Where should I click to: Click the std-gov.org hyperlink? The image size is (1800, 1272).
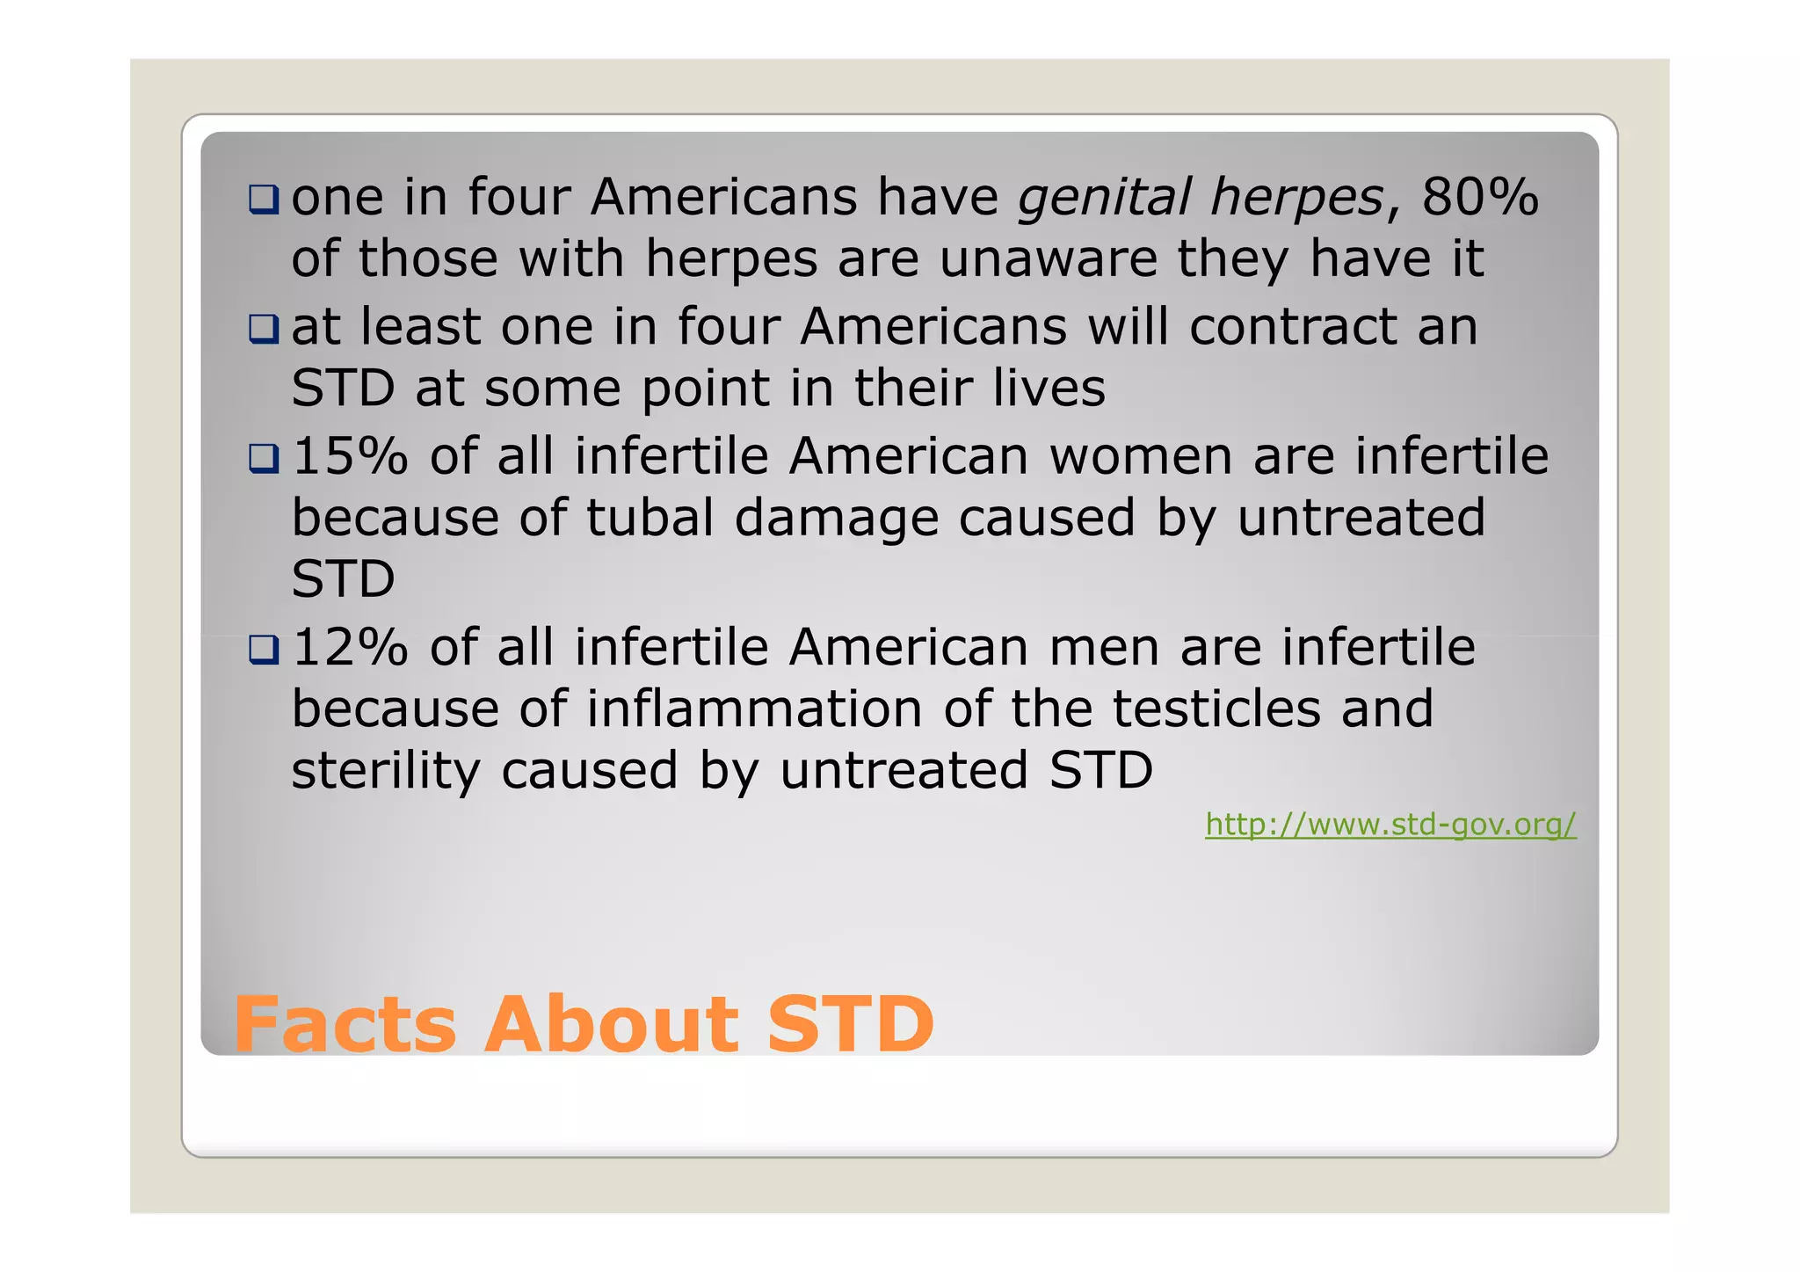coord(1390,825)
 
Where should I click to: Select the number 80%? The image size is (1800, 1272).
coord(1480,196)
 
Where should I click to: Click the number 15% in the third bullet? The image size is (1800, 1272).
coord(350,456)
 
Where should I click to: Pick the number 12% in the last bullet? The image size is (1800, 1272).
coord(350,648)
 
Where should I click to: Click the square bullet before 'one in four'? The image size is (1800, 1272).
coord(263,200)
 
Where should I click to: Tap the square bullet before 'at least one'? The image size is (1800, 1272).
coord(263,330)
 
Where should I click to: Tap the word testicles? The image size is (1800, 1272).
coord(1216,709)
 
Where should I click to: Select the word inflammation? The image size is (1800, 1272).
coord(753,709)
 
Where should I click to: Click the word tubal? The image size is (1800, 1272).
coord(650,518)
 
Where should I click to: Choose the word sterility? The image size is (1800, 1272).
coord(385,772)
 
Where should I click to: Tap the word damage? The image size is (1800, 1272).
coord(836,520)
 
